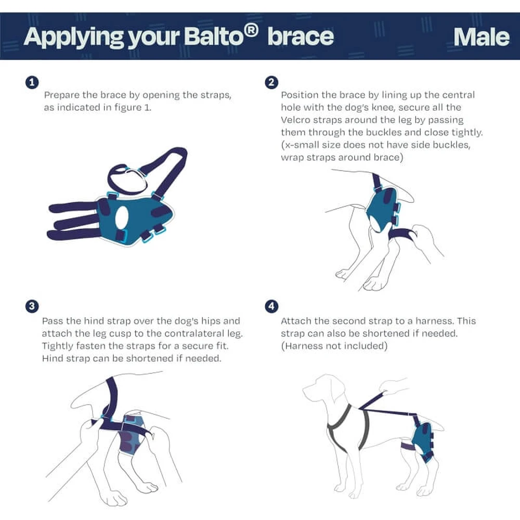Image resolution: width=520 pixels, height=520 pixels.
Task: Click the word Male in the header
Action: [x=481, y=37]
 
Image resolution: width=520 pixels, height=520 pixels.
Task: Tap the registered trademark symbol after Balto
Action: [x=251, y=31]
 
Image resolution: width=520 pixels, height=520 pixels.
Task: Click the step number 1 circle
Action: [x=32, y=82]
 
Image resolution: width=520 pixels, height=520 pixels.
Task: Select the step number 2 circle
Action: [x=271, y=82]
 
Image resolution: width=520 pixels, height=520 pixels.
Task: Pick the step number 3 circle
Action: [x=32, y=306]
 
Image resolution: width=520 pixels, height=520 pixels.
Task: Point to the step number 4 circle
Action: [x=271, y=306]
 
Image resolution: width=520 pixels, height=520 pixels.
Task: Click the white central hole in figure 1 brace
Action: [x=122, y=217]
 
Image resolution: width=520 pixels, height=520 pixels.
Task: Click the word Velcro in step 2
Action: [x=295, y=120]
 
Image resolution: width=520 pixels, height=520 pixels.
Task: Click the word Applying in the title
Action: [x=73, y=38]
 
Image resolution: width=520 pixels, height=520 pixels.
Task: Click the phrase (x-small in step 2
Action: [x=300, y=145]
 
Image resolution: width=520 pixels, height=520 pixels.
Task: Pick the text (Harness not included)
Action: [x=334, y=346]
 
